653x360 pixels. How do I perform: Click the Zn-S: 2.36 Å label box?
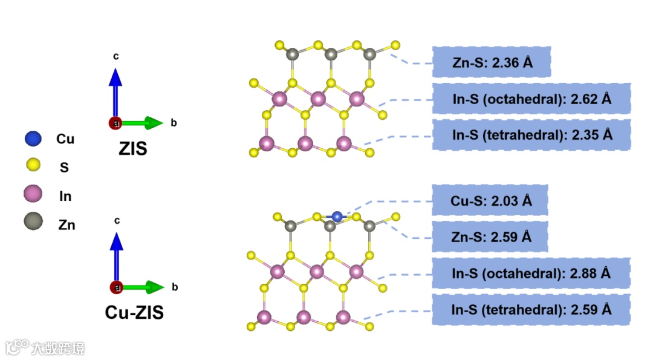[x=492, y=61]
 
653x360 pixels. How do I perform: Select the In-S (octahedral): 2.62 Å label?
[x=531, y=99]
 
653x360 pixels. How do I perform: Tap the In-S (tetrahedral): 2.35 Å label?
[x=531, y=134]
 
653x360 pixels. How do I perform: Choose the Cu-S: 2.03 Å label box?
[x=490, y=200]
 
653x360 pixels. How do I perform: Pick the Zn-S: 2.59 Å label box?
[x=490, y=236]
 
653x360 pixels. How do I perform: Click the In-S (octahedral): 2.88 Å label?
[x=531, y=273]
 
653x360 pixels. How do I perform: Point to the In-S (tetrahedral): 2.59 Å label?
[x=531, y=309]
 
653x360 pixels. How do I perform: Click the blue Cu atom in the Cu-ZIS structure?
[x=337, y=216]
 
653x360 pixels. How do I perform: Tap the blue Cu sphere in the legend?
[x=33, y=139]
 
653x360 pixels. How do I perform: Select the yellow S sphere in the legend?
[x=33, y=165]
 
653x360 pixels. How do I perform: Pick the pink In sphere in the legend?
[x=33, y=195]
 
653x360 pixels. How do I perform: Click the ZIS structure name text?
[x=132, y=148]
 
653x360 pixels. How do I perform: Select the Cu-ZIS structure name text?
[x=134, y=312]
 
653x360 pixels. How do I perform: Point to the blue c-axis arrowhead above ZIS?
[x=115, y=77]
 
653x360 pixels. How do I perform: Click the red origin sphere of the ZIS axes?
[x=115, y=123]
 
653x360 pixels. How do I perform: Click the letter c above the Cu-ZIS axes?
[x=115, y=221]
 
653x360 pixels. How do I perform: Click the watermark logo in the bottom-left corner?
[x=18, y=347]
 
